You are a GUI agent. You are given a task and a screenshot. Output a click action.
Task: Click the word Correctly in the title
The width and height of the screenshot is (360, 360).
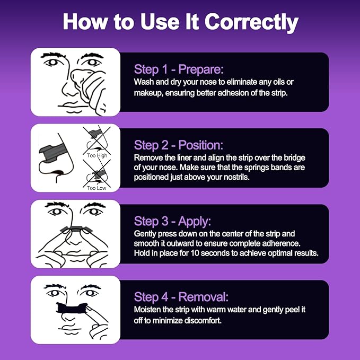(251, 22)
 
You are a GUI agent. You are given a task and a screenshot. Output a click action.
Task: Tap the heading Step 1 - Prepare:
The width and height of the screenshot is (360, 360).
(179, 69)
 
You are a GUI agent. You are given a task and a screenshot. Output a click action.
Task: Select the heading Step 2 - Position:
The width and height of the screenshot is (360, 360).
(178, 145)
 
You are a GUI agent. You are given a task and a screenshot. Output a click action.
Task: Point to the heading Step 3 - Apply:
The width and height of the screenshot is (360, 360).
(172, 221)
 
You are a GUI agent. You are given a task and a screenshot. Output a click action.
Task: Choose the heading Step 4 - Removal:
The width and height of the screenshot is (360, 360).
(181, 296)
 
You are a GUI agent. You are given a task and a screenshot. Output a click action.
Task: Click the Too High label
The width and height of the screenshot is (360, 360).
(97, 155)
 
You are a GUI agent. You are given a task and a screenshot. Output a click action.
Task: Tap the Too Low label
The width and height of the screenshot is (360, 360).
(96, 188)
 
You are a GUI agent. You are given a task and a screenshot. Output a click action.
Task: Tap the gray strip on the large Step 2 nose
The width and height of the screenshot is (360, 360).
(51, 153)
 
